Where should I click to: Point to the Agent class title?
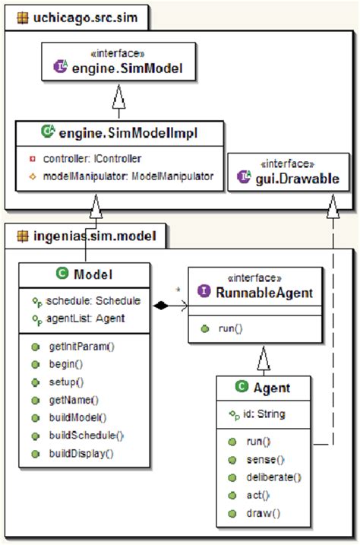(x=272, y=388)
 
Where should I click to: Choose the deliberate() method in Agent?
(x=274, y=477)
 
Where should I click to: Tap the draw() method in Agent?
(x=263, y=512)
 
